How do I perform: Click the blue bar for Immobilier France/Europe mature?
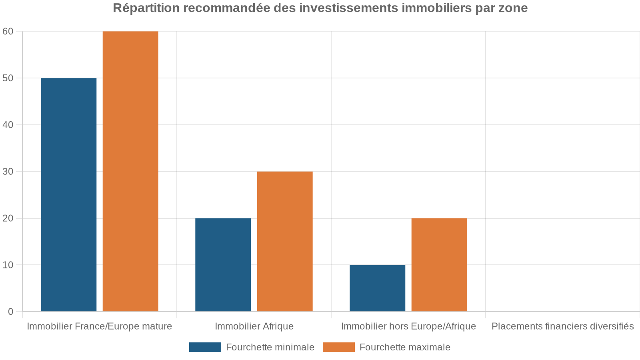[68, 194]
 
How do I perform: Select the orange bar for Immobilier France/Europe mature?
[130, 171]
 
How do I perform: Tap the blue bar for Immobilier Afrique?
[223, 264]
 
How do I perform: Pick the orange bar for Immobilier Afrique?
[285, 241]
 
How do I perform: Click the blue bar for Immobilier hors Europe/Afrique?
[377, 288]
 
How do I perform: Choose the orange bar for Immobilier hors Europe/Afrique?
[439, 264]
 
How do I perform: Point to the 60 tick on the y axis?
[8, 31]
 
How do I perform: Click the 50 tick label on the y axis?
[8, 78]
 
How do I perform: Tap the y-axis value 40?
[8, 125]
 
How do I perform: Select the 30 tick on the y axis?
[8, 172]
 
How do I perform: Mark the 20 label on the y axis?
[8, 218]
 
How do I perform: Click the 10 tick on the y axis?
[8, 265]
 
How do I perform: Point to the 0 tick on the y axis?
[10, 312]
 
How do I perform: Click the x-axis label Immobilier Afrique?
[254, 326]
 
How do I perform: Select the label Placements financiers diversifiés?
[562, 326]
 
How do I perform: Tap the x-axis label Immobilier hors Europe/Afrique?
[408, 326]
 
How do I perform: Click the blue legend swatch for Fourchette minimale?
[205, 347]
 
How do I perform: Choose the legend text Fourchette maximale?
[405, 347]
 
